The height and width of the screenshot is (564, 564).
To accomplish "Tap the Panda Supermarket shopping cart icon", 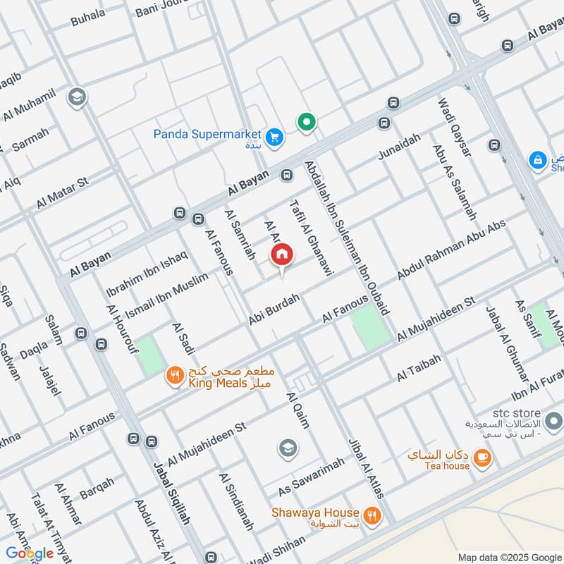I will [274, 137].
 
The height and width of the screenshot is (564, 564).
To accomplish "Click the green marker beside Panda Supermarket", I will [306, 123].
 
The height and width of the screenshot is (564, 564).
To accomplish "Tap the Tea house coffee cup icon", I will [482, 459].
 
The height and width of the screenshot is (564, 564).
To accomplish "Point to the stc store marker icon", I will [553, 422].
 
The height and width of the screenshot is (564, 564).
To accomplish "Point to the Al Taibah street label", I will [419, 369].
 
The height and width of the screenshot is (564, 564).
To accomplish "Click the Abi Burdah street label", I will [274, 310].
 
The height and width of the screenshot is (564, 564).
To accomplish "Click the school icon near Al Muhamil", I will [77, 97].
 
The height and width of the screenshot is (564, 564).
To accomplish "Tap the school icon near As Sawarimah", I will [287, 448].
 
